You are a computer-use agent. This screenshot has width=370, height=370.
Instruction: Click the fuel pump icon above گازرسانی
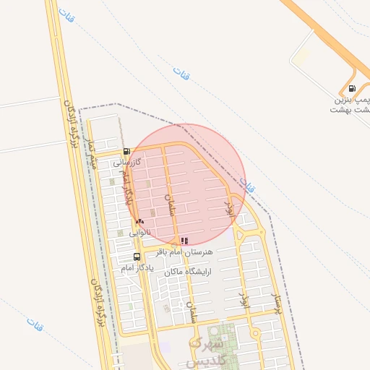(127, 152)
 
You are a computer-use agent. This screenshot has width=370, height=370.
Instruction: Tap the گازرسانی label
(126, 164)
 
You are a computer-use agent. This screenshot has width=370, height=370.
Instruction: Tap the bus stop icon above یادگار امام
(137, 257)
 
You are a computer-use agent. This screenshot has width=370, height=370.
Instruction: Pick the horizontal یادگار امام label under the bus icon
(137, 268)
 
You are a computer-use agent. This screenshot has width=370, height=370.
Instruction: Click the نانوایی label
(140, 233)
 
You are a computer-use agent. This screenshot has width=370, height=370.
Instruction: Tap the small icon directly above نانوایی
(139, 221)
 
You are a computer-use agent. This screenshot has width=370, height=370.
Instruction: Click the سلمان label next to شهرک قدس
(194, 313)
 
